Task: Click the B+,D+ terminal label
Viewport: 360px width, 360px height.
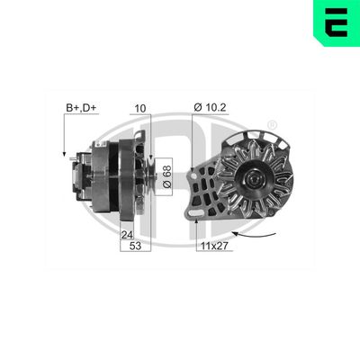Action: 81,108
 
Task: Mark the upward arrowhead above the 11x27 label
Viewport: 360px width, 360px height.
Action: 196,220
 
